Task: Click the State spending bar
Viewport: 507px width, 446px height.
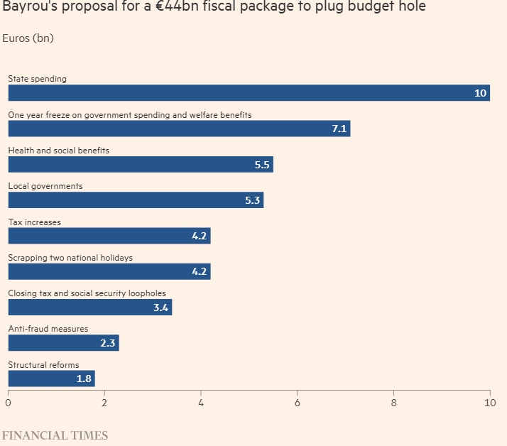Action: click(249, 93)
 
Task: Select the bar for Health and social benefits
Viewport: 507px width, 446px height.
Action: click(141, 165)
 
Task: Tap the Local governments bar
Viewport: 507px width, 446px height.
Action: click(136, 200)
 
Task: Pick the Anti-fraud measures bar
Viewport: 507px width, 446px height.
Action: click(63, 343)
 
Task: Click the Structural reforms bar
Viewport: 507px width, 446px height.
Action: click(51, 379)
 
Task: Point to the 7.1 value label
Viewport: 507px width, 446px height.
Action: click(339, 129)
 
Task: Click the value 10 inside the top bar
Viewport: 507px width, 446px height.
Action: click(481, 93)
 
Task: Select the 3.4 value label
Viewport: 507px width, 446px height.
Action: click(161, 308)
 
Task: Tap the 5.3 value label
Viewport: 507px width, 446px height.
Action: click(253, 200)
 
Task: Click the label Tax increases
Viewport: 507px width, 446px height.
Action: click(34, 222)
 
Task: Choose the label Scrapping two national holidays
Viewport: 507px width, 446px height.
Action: click(70, 258)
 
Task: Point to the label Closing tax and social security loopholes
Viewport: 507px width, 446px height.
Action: click(87, 293)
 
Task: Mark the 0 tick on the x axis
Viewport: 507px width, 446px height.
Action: click(8, 403)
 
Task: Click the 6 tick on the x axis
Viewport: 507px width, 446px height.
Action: click(298, 403)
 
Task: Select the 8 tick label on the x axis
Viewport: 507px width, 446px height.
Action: click(393, 403)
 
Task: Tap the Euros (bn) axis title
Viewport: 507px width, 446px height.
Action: click(28, 38)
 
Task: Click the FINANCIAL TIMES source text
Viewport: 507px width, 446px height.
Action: click(55, 435)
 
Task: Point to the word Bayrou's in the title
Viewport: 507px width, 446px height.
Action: click(26, 7)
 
